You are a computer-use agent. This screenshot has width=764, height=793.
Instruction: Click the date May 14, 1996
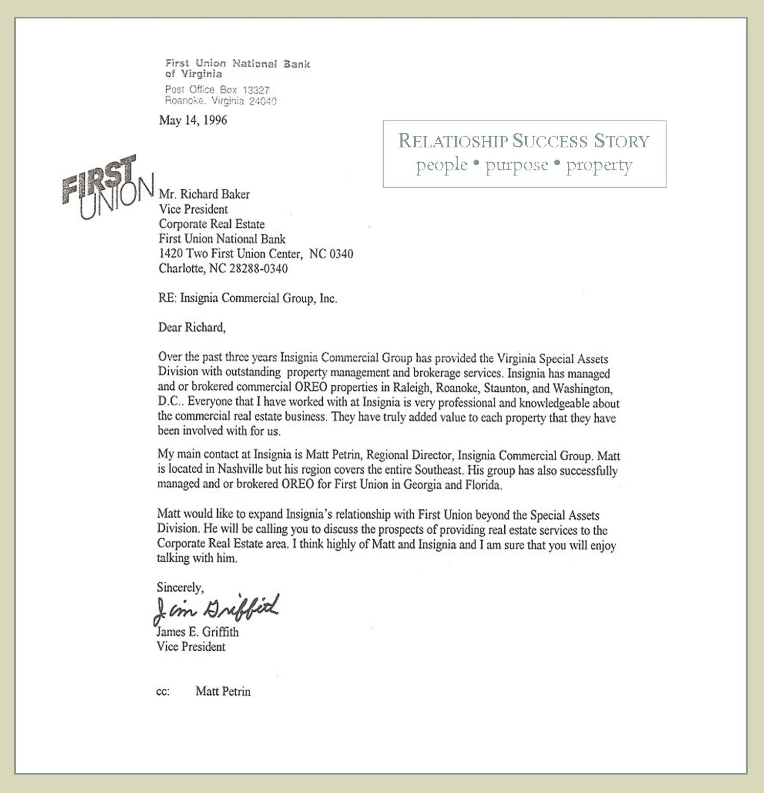pos(193,120)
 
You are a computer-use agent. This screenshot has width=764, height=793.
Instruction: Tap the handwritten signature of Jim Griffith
pos(216,609)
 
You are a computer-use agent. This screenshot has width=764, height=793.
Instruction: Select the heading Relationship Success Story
pos(524,141)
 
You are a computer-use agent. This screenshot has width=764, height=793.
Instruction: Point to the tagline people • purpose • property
pos(524,165)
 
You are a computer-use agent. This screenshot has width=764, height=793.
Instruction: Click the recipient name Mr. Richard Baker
pos(204,194)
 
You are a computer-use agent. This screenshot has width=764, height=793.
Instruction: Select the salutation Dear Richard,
pos(192,327)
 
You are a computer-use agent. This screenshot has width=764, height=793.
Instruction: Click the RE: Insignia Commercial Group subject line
pos(248,298)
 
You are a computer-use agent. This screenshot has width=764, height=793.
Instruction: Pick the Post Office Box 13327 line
pos(217,90)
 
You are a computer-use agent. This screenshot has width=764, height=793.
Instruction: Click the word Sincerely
pos(180,587)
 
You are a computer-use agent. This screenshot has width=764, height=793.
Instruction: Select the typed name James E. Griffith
pos(197,632)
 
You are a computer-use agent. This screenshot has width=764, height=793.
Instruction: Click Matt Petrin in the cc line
pos(223,692)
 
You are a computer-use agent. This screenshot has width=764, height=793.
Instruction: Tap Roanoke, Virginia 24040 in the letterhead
pos(220,101)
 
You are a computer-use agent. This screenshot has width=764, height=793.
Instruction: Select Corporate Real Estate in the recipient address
pos(212,224)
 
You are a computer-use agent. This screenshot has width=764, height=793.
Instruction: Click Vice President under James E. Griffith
pos(191,647)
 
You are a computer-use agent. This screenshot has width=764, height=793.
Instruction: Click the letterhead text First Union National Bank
pos(237,64)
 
